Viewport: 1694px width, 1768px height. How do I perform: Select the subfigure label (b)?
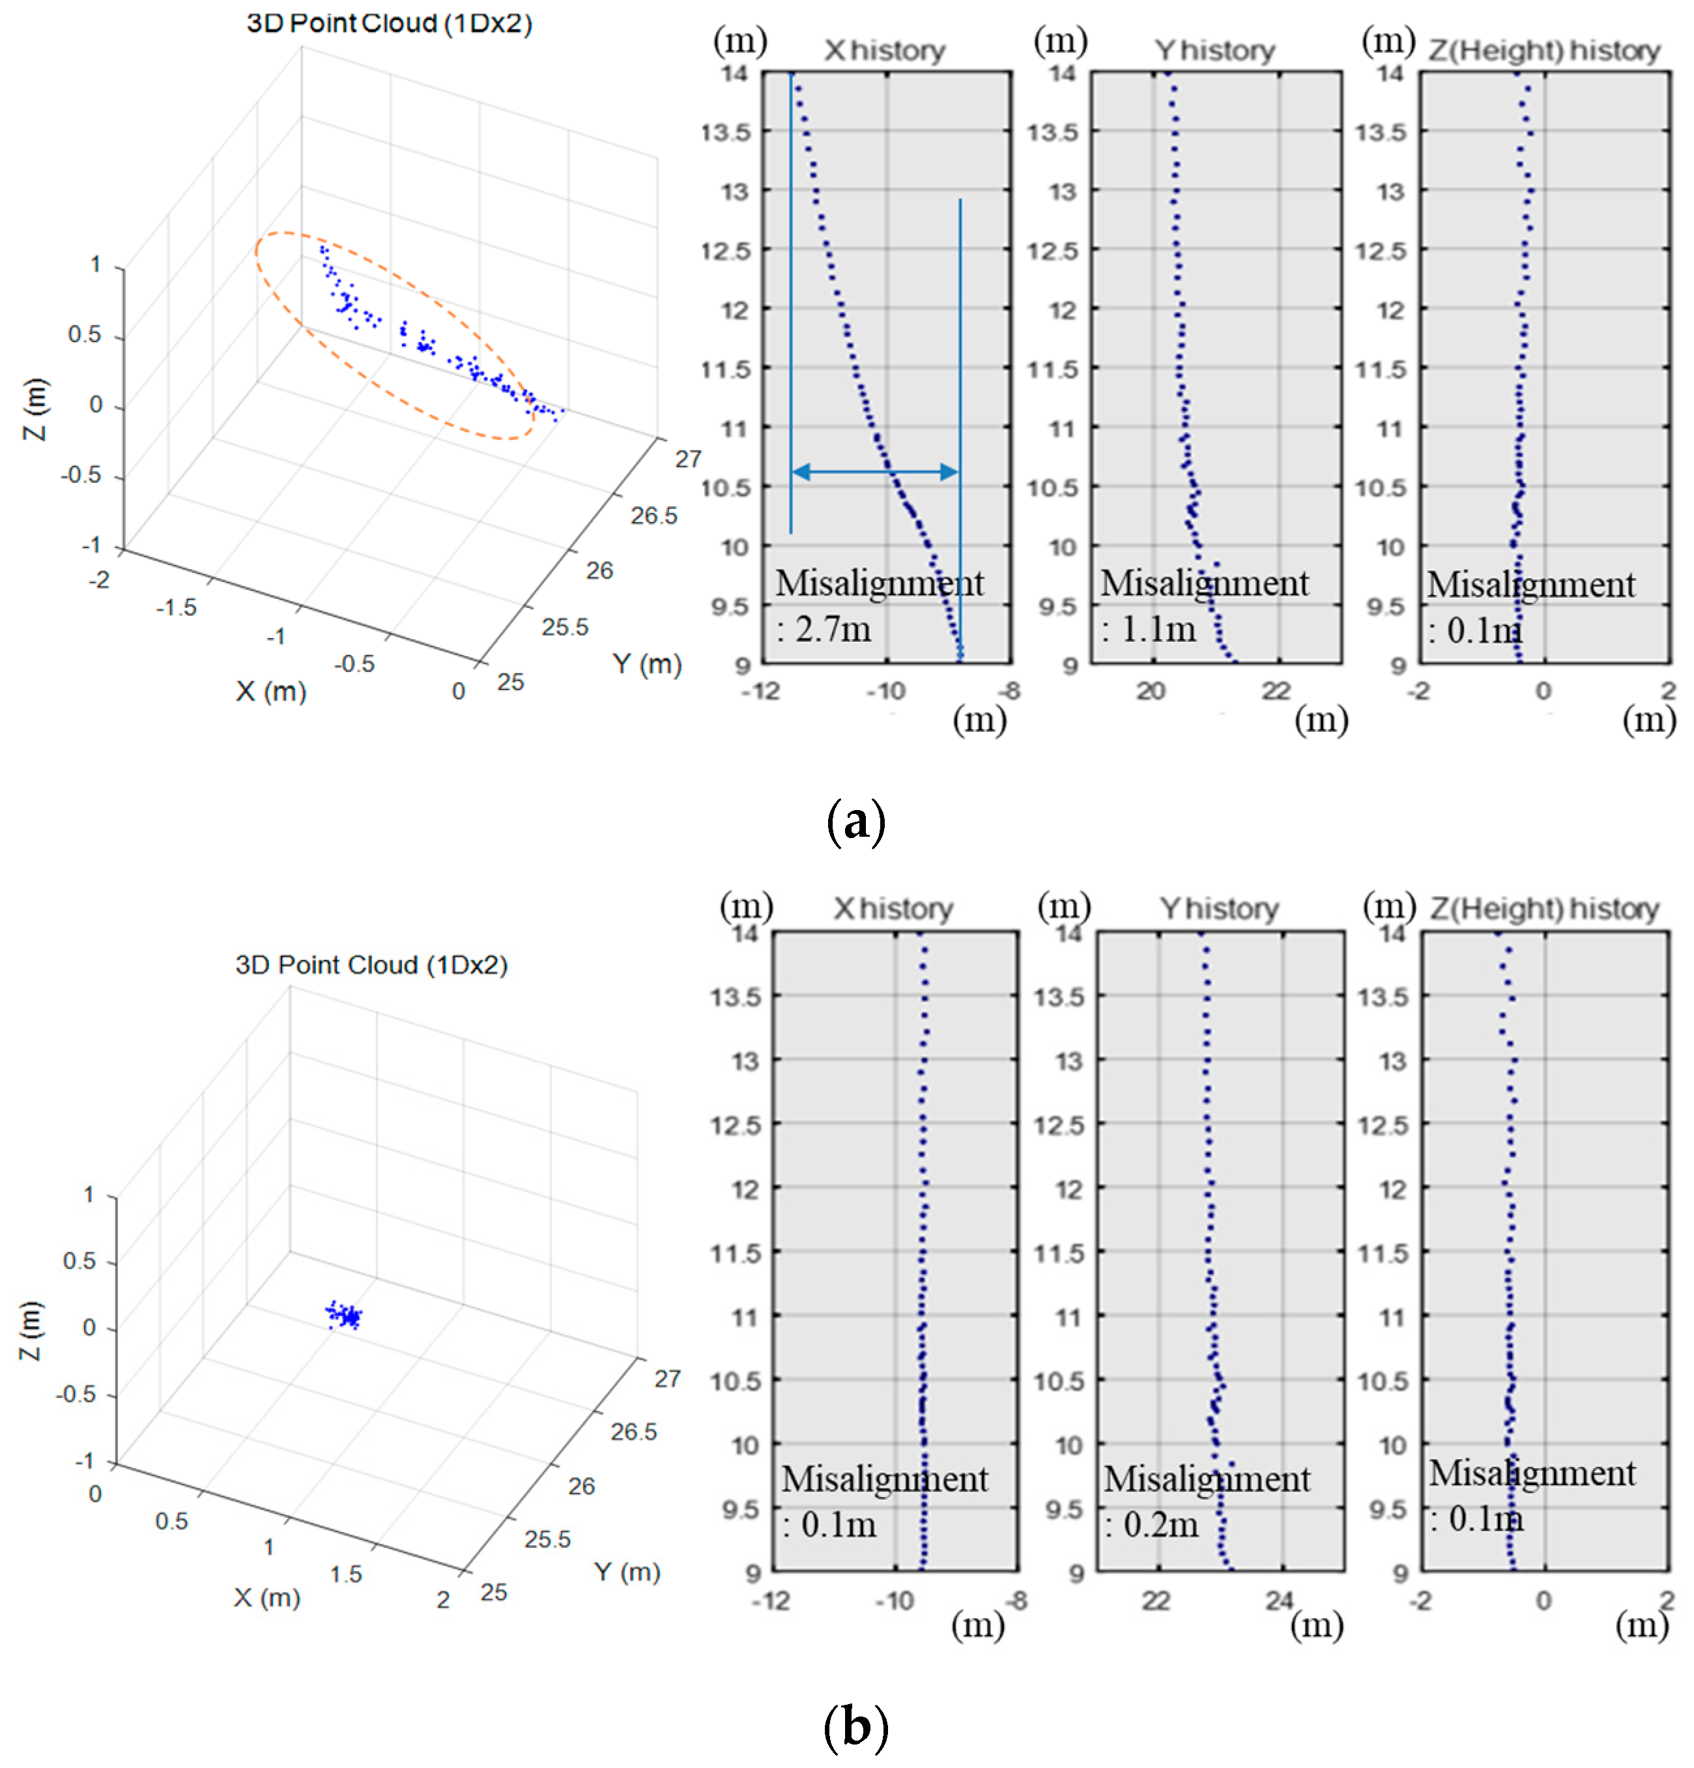click(854, 1726)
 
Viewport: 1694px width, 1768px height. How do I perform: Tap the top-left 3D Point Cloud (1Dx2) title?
click(389, 23)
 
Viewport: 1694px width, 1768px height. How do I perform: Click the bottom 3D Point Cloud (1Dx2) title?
click(371, 965)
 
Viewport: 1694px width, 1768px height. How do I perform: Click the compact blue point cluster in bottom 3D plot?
click(343, 1315)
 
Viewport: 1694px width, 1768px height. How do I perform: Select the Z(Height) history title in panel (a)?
click(1543, 51)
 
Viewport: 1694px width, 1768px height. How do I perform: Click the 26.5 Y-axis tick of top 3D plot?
click(653, 516)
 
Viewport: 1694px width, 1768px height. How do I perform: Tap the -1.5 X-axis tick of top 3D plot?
click(176, 608)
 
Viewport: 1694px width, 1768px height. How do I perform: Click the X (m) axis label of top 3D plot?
click(270, 692)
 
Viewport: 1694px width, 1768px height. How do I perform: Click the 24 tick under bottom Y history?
click(1279, 1601)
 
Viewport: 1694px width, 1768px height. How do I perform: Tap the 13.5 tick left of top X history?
click(726, 132)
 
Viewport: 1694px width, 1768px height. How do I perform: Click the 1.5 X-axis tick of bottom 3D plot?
click(345, 1574)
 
